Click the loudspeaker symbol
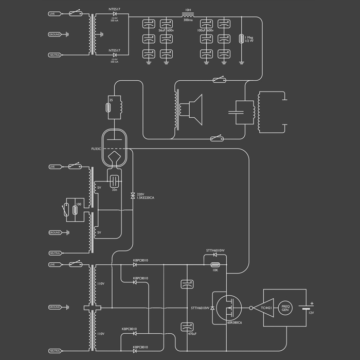click(x=195, y=109)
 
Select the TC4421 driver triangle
click(x=264, y=308)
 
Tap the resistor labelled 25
click(x=110, y=108)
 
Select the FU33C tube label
click(x=96, y=148)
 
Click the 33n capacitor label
click(x=114, y=190)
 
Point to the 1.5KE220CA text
click(x=147, y=198)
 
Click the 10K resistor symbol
click(x=215, y=265)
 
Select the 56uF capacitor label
click(x=162, y=31)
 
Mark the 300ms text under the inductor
click(x=188, y=21)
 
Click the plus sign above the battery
click(x=311, y=303)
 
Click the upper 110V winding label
click(x=101, y=283)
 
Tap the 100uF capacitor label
click(x=202, y=31)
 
